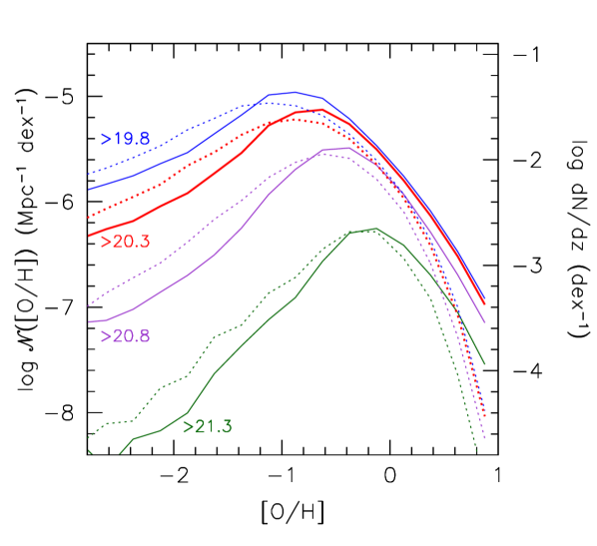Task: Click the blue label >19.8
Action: point(125,139)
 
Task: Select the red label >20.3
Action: point(126,242)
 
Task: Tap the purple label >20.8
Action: point(125,336)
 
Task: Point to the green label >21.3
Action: point(208,426)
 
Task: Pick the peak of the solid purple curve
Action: point(344,148)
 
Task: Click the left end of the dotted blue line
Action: point(89,173)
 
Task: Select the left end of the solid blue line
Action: point(89,189)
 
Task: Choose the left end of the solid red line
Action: point(89,236)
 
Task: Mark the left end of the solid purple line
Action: point(89,321)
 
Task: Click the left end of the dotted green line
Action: point(89,437)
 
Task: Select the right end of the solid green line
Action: point(485,364)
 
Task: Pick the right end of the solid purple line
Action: point(485,322)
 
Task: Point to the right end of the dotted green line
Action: point(477,452)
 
